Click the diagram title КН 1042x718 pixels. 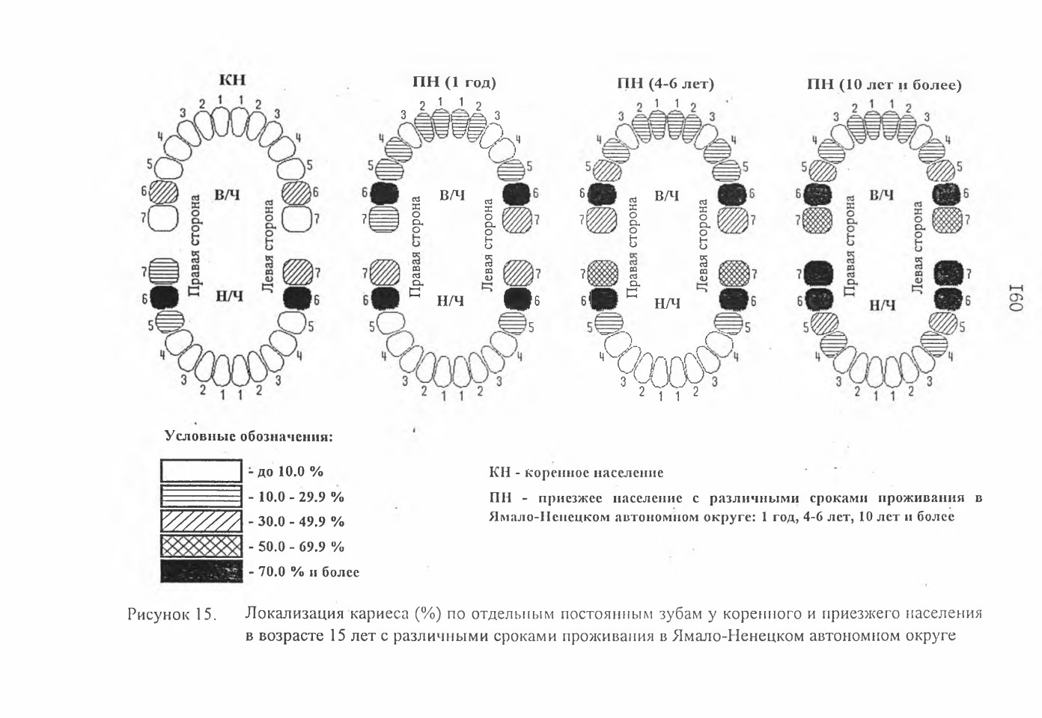click(x=232, y=80)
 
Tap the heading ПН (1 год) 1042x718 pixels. click(x=454, y=82)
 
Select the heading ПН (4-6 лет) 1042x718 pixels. click(x=665, y=84)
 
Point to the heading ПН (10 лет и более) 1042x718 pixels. click(x=884, y=85)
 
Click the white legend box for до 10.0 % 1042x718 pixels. click(x=201, y=470)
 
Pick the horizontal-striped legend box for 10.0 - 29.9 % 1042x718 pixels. click(x=201, y=496)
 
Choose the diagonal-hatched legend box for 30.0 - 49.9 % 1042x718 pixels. click(x=201, y=521)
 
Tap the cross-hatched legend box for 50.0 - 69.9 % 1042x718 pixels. click(x=201, y=546)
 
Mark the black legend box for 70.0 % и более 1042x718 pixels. click(x=201, y=571)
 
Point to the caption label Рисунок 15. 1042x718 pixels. click(x=172, y=615)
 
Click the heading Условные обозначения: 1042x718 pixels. click(x=249, y=436)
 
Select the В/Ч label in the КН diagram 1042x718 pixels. click(x=227, y=194)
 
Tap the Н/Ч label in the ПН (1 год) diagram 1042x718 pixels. click(x=451, y=301)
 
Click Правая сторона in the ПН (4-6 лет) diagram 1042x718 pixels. click(x=633, y=248)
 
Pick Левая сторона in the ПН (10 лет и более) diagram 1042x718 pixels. click(x=917, y=248)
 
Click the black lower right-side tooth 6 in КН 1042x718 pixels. click(x=164, y=298)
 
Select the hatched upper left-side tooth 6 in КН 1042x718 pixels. click(x=296, y=193)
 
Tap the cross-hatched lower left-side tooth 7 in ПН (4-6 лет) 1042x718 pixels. click(x=734, y=274)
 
